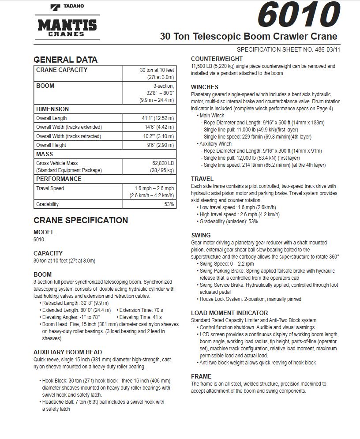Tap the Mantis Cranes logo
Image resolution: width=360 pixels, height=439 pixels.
(67, 27)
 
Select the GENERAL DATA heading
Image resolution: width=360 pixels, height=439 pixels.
(65, 60)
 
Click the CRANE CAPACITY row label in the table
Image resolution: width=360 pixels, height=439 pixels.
(62, 70)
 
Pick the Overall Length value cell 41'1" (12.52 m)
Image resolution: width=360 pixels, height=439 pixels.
(157, 118)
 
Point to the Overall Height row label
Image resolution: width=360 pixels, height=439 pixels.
(51, 145)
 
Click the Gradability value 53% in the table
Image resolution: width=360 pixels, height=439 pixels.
(169, 204)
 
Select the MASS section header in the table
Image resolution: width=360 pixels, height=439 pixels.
(45, 154)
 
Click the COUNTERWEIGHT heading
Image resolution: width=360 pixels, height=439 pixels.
(217, 59)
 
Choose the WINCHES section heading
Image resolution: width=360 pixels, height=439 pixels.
(204, 87)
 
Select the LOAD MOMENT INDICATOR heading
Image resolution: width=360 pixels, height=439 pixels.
(229, 313)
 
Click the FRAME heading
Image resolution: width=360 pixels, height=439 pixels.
(201, 376)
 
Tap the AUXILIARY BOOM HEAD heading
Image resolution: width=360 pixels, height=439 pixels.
(67, 352)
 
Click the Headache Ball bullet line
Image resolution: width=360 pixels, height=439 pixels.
(103, 402)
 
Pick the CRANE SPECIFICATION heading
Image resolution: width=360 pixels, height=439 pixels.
(81, 220)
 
